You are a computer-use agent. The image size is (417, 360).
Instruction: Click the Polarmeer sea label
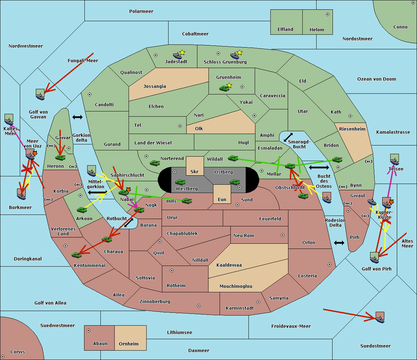141,11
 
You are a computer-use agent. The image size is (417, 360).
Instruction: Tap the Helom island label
317,30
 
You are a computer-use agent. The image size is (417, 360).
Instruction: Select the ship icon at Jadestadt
178,56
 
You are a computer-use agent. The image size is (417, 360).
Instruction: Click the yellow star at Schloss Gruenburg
239,52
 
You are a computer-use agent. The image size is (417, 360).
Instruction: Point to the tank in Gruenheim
224,88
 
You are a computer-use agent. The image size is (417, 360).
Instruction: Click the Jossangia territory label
155,86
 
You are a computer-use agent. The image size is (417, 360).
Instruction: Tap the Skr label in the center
194,172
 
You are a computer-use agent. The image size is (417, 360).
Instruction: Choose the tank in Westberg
180,182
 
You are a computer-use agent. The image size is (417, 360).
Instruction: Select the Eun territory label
222,200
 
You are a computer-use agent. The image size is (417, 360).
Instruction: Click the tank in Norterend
155,163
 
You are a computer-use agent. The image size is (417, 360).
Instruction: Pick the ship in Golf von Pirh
374,258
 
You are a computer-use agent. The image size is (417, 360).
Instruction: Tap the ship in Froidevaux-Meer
380,317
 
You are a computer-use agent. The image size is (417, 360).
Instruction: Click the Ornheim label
129,344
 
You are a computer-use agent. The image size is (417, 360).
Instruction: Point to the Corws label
18,352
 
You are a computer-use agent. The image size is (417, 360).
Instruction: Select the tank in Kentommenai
76,255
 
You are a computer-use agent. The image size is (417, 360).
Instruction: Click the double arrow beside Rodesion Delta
339,243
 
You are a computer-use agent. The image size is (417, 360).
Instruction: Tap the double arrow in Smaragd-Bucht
288,137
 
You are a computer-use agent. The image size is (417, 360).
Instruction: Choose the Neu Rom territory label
244,236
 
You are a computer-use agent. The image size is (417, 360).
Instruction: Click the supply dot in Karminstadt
258,302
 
